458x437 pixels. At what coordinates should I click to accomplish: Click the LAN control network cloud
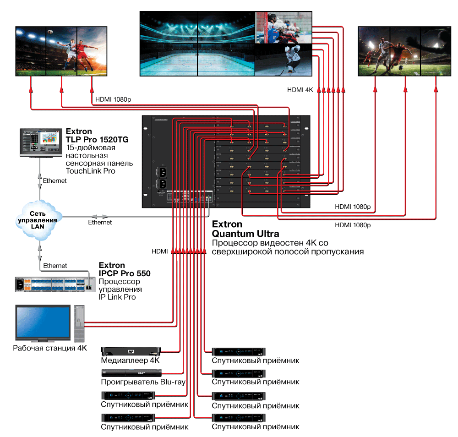(x=40, y=219)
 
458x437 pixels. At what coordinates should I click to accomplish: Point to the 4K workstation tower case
(x=79, y=323)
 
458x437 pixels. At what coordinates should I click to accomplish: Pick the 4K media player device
(x=131, y=351)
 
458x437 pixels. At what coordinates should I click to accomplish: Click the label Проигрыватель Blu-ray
(x=143, y=382)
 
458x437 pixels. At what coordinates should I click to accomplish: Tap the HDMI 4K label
(x=300, y=90)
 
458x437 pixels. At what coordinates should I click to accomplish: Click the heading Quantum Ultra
(x=245, y=234)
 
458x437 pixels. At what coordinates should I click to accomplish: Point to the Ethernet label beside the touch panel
(x=55, y=180)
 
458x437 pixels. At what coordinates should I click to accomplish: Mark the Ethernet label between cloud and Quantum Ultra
(x=100, y=222)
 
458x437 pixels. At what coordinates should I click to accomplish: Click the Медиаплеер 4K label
(x=130, y=361)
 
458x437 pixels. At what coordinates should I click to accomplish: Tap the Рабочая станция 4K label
(x=50, y=348)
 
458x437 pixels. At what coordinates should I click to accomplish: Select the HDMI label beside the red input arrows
(x=159, y=251)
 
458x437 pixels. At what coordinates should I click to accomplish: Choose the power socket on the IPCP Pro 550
(x=20, y=284)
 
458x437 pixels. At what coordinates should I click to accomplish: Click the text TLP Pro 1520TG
(x=97, y=140)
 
